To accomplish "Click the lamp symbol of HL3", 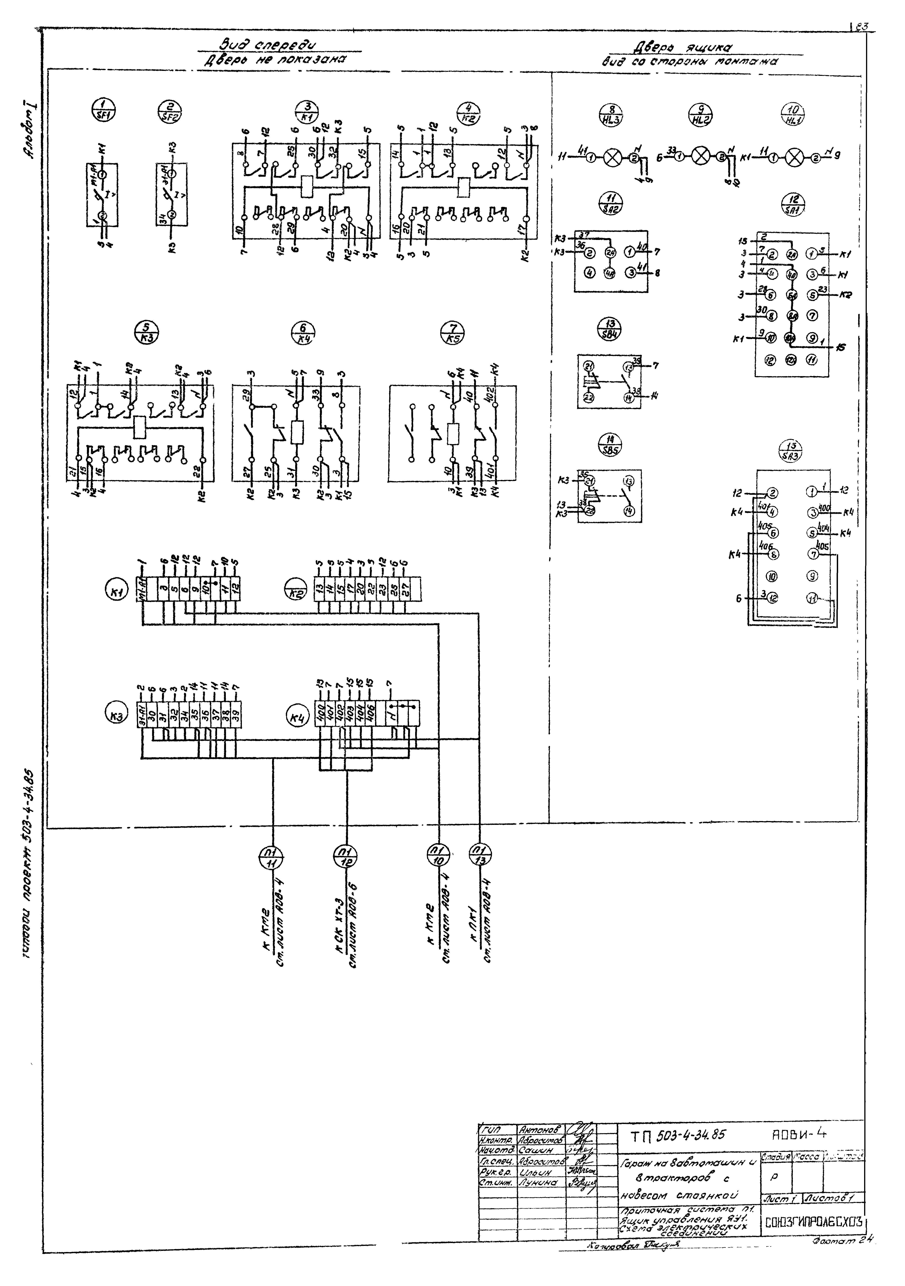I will pyautogui.click(x=614, y=157).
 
